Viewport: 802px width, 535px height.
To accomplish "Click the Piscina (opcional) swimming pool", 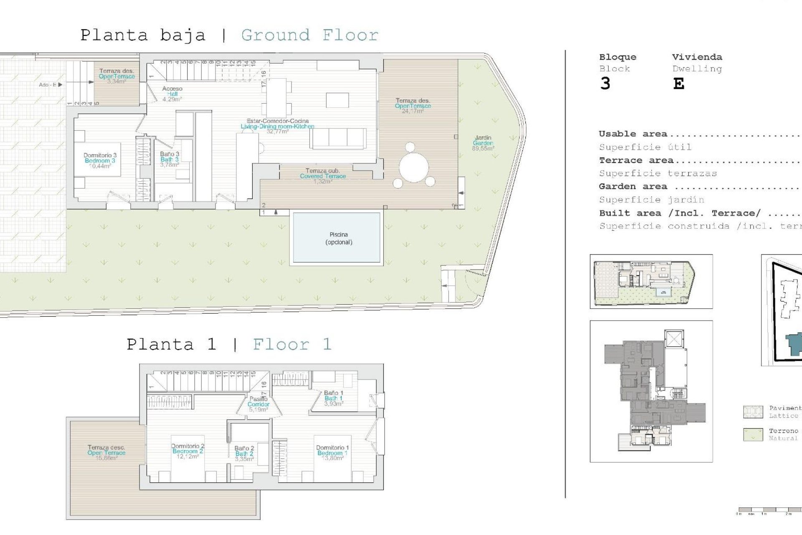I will (337, 238).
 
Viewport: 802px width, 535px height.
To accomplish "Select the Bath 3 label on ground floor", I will (169, 159).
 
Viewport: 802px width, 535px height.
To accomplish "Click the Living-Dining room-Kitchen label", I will (277, 126).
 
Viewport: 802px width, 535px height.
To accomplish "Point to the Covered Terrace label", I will (322, 176).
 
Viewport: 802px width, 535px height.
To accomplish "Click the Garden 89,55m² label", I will (483, 143).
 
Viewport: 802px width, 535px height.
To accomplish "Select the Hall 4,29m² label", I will (172, 94).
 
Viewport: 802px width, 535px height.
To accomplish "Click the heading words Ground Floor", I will (310, 35).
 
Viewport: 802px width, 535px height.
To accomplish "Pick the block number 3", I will (605, 84).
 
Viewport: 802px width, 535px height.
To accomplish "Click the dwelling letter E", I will (678, 84).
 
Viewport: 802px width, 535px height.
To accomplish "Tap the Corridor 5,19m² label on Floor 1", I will (258, 405).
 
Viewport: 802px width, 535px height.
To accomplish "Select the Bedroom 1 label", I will (332, 453).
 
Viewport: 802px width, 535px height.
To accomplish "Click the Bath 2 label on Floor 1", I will (244, 453).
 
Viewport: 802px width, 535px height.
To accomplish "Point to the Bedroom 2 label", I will (188, 451).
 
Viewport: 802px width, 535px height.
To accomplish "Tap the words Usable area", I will (632, 134).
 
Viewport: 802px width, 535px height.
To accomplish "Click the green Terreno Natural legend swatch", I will (753, 434).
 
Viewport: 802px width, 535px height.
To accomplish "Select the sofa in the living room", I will (338, 138).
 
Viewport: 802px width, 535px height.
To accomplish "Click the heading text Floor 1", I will (292, 344).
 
